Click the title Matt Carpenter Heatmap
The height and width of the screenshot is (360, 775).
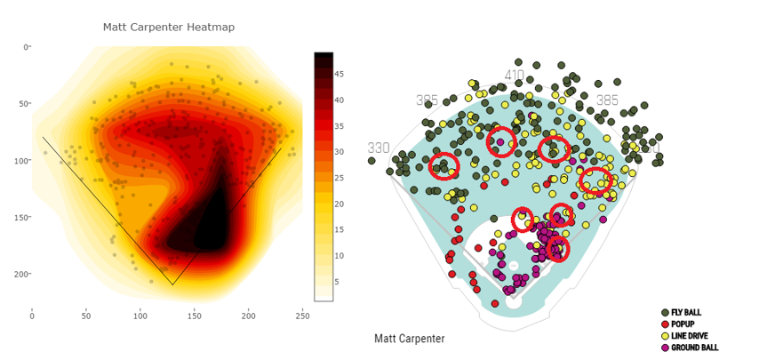click(x=169, y=28)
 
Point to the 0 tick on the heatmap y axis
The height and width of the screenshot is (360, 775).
click(x=25, y=47)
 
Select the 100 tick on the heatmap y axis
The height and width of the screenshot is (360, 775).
click(x=22, y=161)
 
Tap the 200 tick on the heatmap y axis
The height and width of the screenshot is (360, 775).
click(x=22, y=275)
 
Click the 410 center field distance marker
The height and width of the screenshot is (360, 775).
click(x=515, y=76)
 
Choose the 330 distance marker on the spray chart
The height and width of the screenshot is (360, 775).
click(x=380, y=148)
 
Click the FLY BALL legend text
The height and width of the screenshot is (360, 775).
click(x=687, y=313)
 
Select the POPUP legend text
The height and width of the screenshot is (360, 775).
click(x=682, y=324)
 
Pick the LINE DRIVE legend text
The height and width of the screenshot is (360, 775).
click(x=691, y=336)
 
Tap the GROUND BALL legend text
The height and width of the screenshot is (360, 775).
click(x=695, y=348)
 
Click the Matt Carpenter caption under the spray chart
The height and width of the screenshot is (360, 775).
click(x=409, y=339)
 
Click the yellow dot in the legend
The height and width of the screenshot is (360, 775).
click(x=665, y=336)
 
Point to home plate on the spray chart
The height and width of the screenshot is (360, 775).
click(x=514, y=301)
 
